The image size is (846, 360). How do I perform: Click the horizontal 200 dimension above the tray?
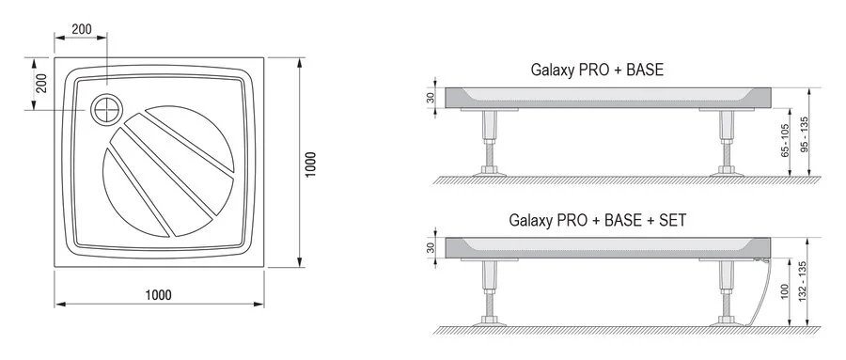82,29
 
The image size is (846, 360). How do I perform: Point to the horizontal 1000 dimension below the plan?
158,294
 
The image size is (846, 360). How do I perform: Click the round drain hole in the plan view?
106,110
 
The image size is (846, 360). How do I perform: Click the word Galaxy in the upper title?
553,70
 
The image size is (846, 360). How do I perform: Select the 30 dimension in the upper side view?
431,98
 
